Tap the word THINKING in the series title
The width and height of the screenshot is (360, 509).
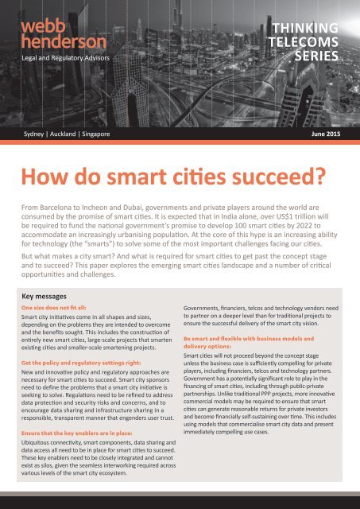click(x=310, y=29)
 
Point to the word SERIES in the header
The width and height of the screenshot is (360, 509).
click(x=317, y=56)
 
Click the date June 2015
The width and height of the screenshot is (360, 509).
click(x=322, y=134)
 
